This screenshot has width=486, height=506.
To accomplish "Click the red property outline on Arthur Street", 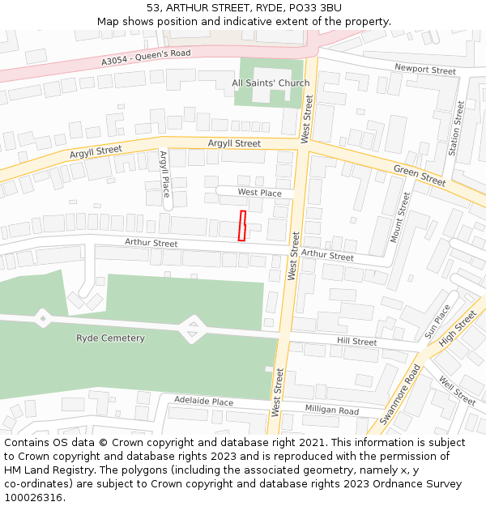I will pos(242,225).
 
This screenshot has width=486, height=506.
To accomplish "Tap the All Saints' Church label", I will pos(271,83).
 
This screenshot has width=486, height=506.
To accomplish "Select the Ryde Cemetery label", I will pos(110,338).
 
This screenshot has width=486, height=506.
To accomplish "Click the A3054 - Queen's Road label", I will pos(146,57).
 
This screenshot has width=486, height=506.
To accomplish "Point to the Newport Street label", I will pos(425,70).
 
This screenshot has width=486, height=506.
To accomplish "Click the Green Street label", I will pos(420,175).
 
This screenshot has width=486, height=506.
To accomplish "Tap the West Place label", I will pos(259,193).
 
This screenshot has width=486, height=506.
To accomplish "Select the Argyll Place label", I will pos(164,173).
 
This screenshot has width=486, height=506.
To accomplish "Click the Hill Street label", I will pos(357,342).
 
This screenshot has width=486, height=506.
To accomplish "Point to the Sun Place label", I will pos(437,321).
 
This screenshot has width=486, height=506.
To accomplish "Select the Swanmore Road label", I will pos(400,394).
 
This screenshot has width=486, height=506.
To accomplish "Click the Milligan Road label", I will pos(332,410).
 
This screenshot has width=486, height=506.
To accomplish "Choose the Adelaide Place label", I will pos(203,402).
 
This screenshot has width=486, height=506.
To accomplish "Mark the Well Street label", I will pos(456,390).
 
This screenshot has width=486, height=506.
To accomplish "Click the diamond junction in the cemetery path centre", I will pos(192,329).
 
